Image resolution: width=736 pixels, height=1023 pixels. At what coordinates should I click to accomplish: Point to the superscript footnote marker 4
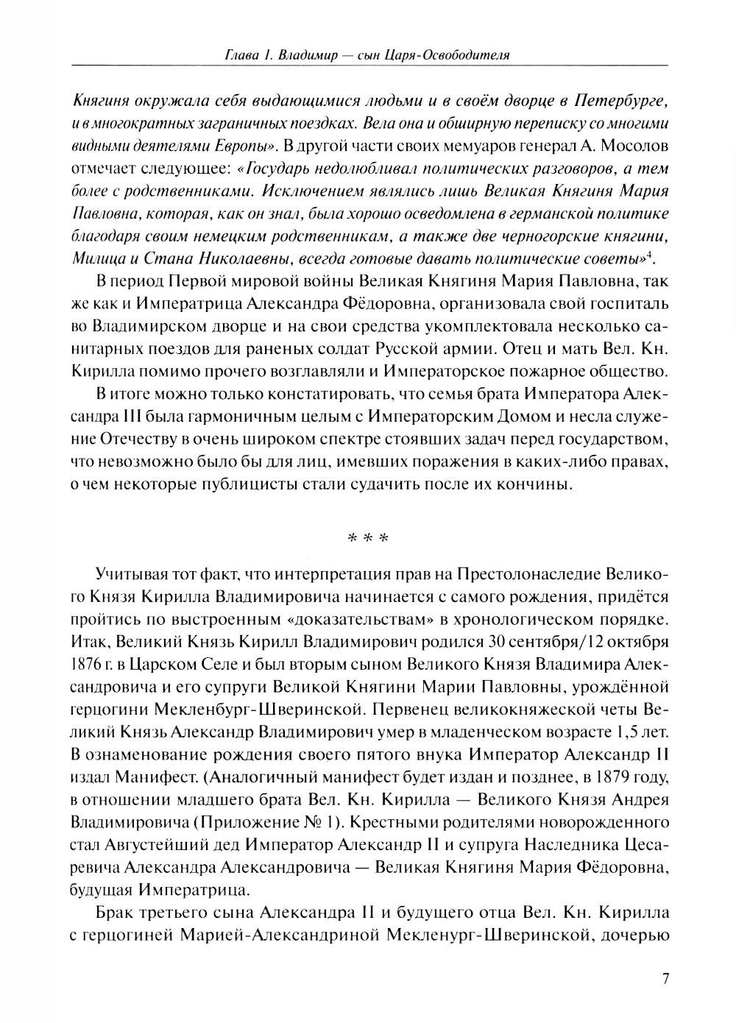click(x=654, y=255)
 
